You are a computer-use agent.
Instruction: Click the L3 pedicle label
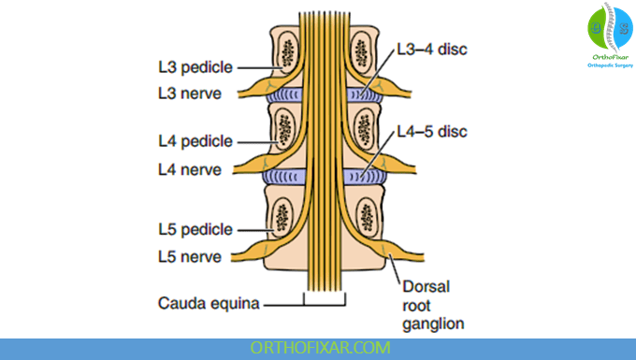194,67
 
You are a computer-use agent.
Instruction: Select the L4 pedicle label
194,141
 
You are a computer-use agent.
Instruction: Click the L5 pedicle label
194,228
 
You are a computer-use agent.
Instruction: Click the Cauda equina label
209,303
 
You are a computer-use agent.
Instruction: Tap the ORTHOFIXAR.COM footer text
317,348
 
